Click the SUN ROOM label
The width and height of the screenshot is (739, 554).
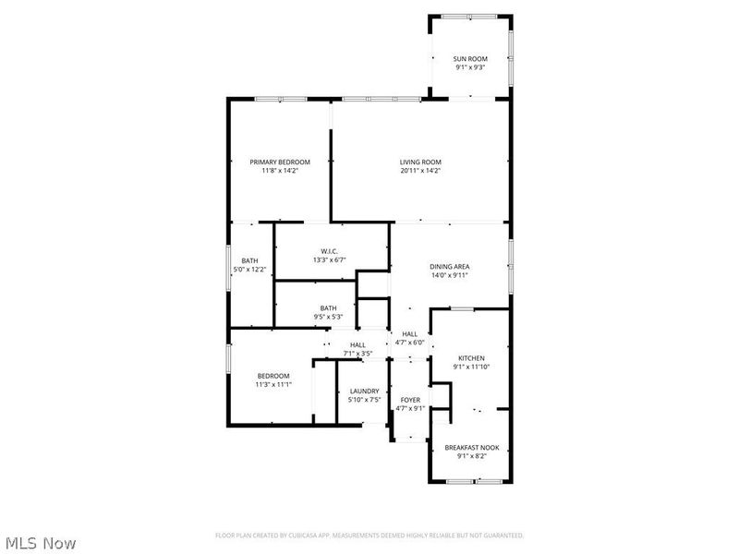point(471,58)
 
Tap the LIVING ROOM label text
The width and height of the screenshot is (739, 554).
point(420,162)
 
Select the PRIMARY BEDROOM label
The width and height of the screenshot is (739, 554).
point(280,162)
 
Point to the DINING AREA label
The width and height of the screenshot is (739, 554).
point(450,266)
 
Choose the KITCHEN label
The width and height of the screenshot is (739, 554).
point(471,358)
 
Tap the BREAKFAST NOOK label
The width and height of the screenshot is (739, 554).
point(471,448)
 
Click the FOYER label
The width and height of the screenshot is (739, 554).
point(409,400)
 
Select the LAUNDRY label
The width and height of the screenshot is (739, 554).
point(363,391)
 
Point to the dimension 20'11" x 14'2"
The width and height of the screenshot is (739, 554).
point(420,170)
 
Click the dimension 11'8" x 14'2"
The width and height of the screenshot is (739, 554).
point(280,170)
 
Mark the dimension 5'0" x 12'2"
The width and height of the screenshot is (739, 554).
point(249,270)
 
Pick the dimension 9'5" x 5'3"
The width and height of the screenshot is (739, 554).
point(328,317)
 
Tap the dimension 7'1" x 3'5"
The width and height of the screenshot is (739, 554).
point(357,353)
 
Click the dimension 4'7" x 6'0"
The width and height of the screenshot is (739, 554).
point(409,343)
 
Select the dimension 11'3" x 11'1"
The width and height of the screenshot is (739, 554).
point(273,384)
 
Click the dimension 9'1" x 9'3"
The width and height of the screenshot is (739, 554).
point(471,66)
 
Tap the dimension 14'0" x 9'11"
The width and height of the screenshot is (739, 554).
point(450,274)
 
